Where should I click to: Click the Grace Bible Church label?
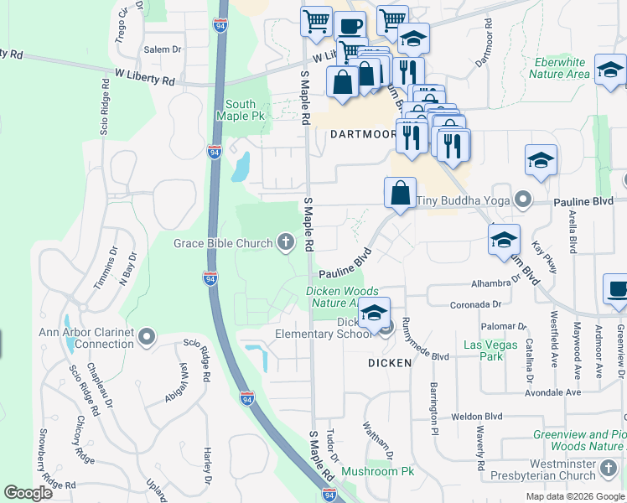tap(224, 243)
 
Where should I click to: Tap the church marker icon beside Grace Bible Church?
tap(286, 243)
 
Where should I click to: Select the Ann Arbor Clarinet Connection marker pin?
tap(148, 337)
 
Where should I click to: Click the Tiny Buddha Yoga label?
tap(464, 200)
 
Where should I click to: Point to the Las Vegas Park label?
tap(484, 350)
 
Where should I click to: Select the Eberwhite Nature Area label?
tap(559, 68)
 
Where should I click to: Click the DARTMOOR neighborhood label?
tap(362, 134)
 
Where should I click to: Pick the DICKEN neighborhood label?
tap(390, 363)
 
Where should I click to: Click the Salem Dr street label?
tap(163, 49)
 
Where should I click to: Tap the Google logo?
tap(28, 493)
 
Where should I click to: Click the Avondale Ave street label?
tap(552, 392)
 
